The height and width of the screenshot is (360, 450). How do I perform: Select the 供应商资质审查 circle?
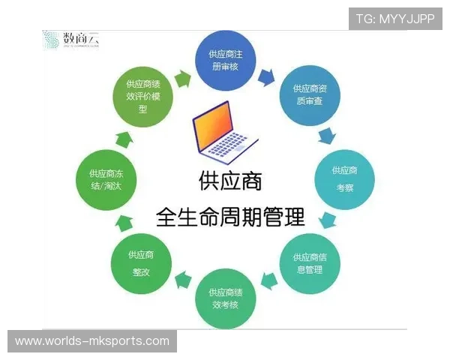[308, 94]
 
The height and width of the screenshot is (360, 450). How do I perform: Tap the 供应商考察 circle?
[344, 178]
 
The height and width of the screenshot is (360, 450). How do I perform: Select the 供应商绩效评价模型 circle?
[143, 95]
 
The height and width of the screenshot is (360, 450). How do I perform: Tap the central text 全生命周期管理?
[230, 217]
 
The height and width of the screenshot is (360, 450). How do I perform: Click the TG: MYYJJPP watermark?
[395, 19]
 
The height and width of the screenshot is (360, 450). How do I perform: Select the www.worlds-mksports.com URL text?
[92, 341]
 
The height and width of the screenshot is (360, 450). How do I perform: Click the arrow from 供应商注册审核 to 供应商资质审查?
[266, 76]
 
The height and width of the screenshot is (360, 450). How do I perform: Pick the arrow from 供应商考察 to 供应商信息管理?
[326, 220]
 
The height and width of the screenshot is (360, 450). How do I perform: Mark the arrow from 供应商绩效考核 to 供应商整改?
[182, 280]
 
